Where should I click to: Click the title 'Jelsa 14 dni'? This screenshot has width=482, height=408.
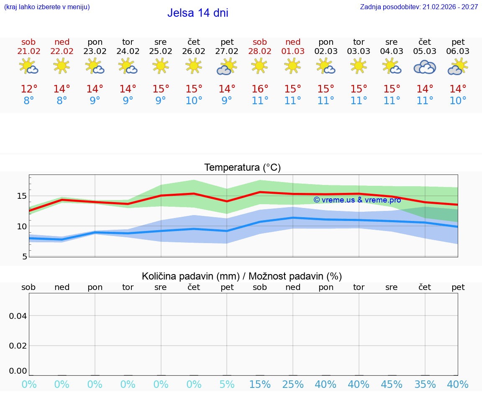coord(197,13)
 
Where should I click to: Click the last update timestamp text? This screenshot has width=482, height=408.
coord(419,7)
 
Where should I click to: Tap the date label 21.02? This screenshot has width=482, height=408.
coord(28,51)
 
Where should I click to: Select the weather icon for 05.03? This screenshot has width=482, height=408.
coord(425,67)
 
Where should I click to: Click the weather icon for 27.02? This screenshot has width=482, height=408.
coord(226,67)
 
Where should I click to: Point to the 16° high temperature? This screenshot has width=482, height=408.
coord(260,89)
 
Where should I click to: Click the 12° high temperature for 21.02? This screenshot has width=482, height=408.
coord(29,89)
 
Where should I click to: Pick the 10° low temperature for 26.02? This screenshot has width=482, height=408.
coord(194,101)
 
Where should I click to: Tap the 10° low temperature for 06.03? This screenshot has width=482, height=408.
coord(458,101)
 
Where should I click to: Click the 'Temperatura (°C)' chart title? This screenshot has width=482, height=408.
coord(242,168)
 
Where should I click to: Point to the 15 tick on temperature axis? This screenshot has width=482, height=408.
coord(22,196)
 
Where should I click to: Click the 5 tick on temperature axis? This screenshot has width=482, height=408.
coord(24,257)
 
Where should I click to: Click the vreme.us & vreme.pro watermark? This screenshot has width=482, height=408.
coord(357,200)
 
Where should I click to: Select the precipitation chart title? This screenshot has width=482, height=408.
coord(242,276)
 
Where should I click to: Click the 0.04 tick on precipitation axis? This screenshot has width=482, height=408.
coord(18,316)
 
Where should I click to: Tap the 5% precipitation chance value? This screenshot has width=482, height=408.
coord(227,385)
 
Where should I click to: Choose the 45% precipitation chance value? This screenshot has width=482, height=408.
coord(392,385)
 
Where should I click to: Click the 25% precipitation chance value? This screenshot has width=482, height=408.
coord(293,385)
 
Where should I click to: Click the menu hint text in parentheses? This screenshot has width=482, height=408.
coord(47,7)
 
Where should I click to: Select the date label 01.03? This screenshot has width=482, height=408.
coord(293,51)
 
